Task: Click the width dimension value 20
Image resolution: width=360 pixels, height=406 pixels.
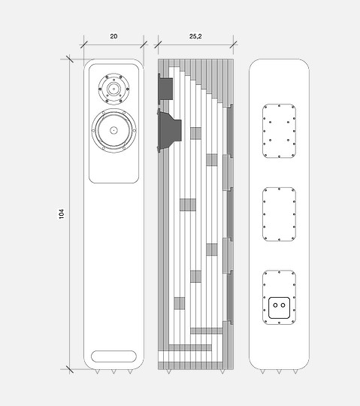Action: tap(113, 36)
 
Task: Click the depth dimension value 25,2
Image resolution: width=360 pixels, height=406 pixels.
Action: tap(195, 36)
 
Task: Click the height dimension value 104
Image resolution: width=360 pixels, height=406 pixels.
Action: tap(62, 214)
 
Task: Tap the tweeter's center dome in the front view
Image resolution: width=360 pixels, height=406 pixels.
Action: tap(113, 89)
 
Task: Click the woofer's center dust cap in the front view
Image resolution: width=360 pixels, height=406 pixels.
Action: tap(113, 130)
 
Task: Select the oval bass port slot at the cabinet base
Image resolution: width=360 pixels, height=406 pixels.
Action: tap(113, 356)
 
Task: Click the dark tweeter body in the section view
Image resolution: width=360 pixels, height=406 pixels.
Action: tap(165, 89)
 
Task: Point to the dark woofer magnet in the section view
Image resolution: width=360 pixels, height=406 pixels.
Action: tap(169, 131)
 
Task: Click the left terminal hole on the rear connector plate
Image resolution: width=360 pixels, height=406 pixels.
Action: tap(275, 305)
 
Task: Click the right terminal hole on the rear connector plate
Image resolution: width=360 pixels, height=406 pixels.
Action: tap(283, 305)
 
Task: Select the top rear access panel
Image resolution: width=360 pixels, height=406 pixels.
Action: tap(279, 131)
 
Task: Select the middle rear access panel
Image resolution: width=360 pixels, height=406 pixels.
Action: tap(279, 214)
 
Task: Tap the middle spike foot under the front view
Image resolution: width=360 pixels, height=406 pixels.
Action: tap(113, 371)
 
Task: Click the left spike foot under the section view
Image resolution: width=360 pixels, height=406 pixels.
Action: tap(169, 371)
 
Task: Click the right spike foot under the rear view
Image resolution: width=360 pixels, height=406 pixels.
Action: tap(295, 371)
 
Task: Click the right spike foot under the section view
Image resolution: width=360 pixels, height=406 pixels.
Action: tap(222, 371)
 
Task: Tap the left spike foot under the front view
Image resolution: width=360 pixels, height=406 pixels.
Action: tap(97, 371)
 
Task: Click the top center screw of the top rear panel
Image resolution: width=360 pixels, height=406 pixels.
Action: tap(279, 106)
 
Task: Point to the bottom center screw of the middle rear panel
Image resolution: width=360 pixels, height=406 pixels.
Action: tap(279, 240)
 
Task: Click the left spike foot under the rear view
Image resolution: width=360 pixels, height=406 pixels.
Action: tap(263, 371)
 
